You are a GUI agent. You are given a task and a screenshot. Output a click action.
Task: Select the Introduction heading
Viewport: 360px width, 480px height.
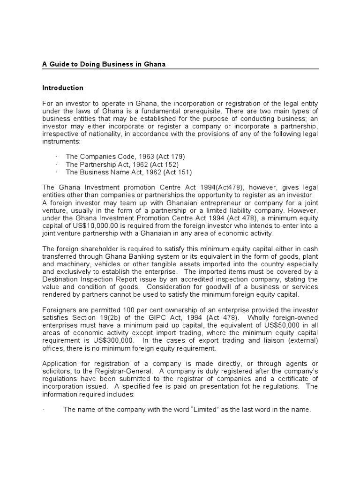pyautogui.click(x=63, y=88)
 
